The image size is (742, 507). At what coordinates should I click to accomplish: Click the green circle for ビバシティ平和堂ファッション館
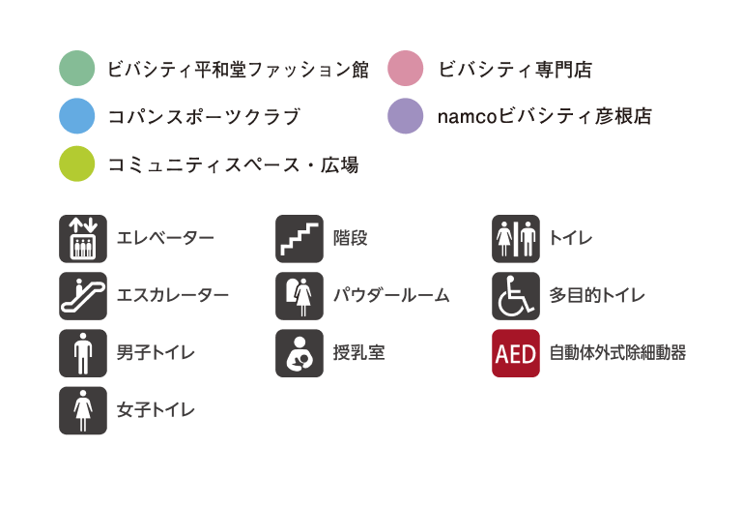tap(77, 69)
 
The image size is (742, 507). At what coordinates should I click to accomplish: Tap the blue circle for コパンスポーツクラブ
tap(77, 117)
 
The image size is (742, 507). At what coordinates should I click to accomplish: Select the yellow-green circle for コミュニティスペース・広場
tap(77, 164)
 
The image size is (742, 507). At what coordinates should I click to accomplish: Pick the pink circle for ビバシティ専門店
tap(406, 69)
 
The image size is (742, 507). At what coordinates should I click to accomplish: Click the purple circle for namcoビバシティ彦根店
tap(406, 117)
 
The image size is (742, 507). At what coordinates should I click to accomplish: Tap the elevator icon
tap(83, 238)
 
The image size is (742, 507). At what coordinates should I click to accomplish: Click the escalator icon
tap(83, 295)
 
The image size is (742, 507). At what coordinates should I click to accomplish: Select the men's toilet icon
tap(83, 352)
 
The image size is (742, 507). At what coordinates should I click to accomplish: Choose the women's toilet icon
tap(83, 410)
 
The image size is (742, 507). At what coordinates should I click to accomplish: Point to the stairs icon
tap(299, 238)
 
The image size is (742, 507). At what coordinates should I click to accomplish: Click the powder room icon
tap(299, 295)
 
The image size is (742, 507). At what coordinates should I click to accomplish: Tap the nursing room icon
tap(299, 352)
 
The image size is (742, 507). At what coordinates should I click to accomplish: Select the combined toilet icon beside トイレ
tap(515, 238)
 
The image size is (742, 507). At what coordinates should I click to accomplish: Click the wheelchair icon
tap(515, 295)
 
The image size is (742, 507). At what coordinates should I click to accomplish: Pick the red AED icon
tap(515, 352)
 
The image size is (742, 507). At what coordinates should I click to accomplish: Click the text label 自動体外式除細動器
tap(617, 352)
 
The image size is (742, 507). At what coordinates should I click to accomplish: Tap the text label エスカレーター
tap(173, 295)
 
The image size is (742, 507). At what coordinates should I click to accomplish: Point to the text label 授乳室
tap(358, 352)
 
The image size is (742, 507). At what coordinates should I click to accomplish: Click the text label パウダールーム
tap(391, 295)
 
